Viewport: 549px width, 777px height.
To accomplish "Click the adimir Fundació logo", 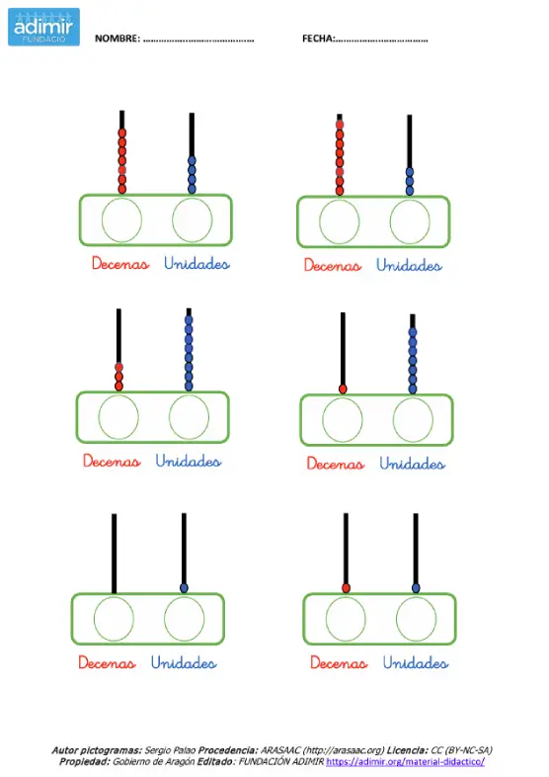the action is (43, 27).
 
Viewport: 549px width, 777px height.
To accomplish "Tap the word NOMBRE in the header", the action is (118, 39).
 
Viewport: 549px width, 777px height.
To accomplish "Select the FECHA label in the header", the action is (318, 39).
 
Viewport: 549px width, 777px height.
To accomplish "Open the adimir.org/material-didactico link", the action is (405, 761).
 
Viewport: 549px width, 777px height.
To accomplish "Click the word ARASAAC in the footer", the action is (280, 750).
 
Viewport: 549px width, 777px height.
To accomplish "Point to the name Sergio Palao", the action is (170, 750).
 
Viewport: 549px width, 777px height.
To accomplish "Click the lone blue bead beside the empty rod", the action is (185, 588).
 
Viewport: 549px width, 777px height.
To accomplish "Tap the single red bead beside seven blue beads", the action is (343, 389).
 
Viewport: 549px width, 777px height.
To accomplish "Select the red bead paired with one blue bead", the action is (346, 588).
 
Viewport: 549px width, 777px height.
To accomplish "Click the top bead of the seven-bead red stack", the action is (121, 132).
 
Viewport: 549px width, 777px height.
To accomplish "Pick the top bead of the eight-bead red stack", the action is (340, 125).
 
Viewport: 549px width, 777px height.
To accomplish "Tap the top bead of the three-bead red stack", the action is (118, 367).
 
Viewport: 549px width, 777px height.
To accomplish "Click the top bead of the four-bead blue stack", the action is (193, 161).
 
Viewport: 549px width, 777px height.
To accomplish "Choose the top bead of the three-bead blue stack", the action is (410, 172).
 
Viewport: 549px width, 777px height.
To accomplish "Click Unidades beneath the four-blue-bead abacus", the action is (196, 263).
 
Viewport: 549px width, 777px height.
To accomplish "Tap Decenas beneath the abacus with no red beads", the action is (107, 662).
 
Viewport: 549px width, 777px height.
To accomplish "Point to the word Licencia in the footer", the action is (408, 750).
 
